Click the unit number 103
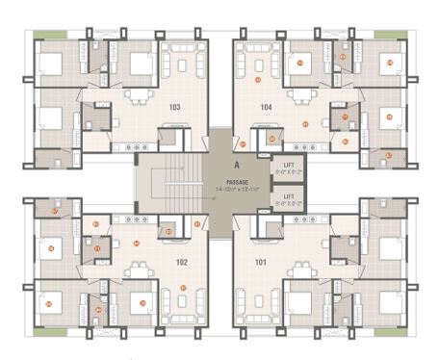174,107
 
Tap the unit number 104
266,107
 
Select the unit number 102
181,260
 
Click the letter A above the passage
236,166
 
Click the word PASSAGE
237,181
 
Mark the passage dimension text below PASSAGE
237,189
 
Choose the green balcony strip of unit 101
390,331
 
